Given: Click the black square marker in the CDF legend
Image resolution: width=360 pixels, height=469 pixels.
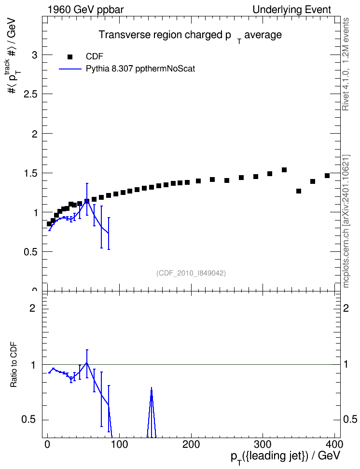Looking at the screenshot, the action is tap(70, 56).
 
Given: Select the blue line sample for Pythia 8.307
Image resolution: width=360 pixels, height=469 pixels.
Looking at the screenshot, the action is tap(70, 69).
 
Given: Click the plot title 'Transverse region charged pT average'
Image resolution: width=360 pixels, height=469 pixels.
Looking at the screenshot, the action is tap(190, 36).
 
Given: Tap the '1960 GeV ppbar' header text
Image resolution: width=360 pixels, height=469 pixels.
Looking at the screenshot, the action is tap(85, 10).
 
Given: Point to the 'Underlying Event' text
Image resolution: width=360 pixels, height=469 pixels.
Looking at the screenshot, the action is tap(292, 10).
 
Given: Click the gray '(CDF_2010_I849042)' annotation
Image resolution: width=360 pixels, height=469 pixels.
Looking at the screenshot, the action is tap(191, 273).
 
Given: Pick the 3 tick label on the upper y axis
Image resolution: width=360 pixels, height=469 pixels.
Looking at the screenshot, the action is tap(35, 55).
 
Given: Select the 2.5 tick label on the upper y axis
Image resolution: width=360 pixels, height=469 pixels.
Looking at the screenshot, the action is tap(31, 94).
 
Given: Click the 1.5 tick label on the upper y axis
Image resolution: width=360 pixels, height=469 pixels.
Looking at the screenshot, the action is tap(31, 173).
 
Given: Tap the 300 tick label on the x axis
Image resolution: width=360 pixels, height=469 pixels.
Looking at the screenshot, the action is tap(263, 444).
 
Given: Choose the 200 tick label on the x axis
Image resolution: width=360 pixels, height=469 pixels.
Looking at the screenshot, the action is tap(191, 444).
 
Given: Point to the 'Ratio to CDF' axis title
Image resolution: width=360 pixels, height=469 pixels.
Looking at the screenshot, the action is tap(14, 365).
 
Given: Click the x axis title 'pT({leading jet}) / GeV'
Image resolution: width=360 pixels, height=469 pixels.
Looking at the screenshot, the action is tap(286, 456).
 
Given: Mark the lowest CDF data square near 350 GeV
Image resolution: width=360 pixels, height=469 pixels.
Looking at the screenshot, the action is tap(299, 191).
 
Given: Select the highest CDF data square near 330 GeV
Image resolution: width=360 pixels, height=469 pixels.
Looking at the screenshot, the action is tap(284, 170).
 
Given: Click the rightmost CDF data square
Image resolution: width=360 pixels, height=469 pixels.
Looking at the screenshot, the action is tap(327, 176).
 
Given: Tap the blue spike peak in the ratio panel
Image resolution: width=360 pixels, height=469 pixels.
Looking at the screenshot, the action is tap(152, 387).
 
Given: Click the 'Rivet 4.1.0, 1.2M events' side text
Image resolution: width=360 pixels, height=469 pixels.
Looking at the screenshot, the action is tap(346, 64).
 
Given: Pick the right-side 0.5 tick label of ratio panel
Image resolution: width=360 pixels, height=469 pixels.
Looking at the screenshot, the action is tap(350, 419).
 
